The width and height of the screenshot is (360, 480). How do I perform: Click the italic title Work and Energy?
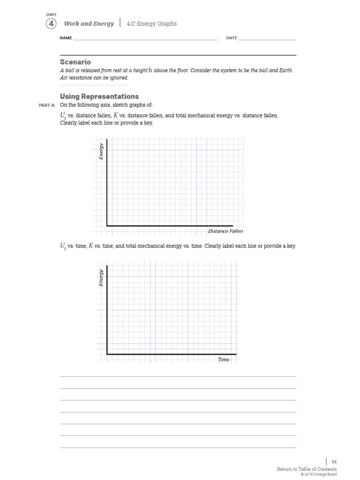pyautogui.click(x=89, y=23)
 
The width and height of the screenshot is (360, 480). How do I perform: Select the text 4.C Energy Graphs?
pyautogui.click(x=151, y=23)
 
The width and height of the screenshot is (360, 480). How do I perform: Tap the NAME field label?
pyautogui.click(x=66, y=38)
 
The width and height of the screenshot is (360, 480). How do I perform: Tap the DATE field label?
pyautogui.click(x=232, y=38)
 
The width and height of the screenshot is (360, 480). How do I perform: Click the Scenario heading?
pyautogui.click(x=75, y=62)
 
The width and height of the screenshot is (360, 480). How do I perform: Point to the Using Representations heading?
pyautogui.click(x=99, y=96)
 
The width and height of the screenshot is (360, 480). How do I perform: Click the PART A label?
pyautogui.click(x=47, y=105)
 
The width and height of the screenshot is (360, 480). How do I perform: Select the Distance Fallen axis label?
pyautogui.click(x=225, y=231)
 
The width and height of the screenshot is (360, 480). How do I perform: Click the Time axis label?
pyautogui.click(x=224, y=360)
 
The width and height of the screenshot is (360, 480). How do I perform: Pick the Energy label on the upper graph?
pyautogui.click(x=101, y=151)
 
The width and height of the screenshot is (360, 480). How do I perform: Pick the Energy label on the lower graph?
pyautogui.click(x=101, y=277)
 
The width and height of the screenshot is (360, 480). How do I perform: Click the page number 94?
pyautogui.click(x=334, y=462)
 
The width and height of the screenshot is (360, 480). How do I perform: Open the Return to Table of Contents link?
pyautogui.click(x=307, y=469)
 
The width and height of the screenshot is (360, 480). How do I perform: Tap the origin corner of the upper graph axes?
pyautogui.click(x=107, y=226)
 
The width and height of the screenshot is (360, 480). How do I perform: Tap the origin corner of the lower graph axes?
pyautogui.click(x=107, y=354)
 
